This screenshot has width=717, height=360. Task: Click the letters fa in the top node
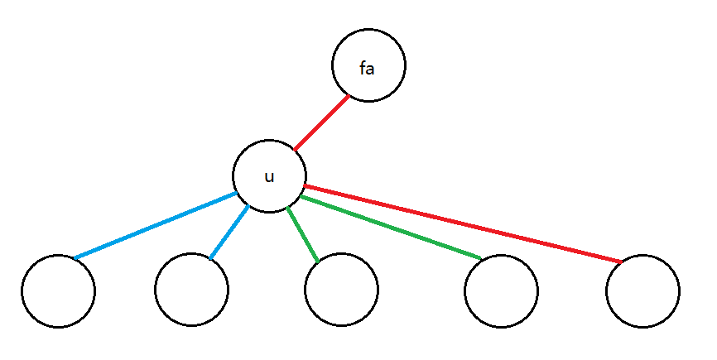[x=367, y=69]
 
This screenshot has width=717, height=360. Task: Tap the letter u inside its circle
[x=269, y=176]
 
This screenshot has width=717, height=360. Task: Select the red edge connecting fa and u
[x=321, y=122]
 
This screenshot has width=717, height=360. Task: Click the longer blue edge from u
[x=155, y=226]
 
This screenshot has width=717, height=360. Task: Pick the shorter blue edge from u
[x=229, y=233]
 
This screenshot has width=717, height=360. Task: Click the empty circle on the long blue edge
[x=58, y=291]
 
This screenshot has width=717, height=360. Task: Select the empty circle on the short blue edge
[x=191, y=291]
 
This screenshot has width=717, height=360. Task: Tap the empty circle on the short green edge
[x=340, y=291]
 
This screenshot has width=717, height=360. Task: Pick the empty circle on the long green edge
[x=501, y=291]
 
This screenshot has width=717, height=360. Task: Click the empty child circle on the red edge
[x=642, y=291]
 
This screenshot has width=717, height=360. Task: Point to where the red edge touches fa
[x=349, y=96]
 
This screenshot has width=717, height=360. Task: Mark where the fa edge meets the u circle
[x=294, y=151]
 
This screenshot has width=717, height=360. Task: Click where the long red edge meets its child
[x=621, y=262]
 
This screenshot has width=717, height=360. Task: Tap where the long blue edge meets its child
[x=74, y=258]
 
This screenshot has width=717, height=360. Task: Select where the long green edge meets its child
[x=483, y=260]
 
